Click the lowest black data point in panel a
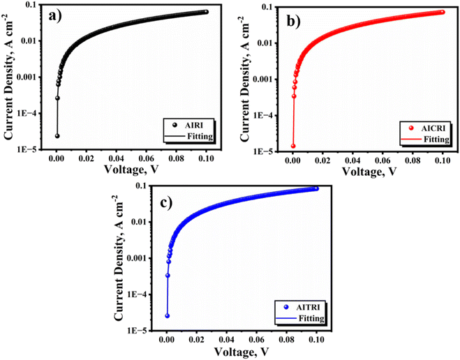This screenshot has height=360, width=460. coord(57,135)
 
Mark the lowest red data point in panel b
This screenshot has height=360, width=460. coord(293,146)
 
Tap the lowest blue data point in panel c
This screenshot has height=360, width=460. coord(168,315)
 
